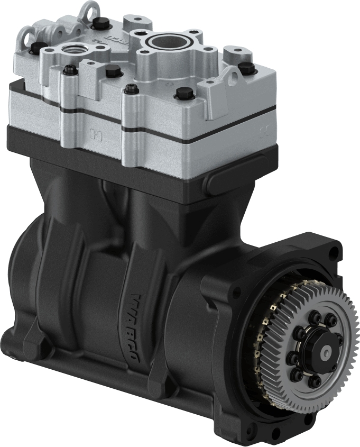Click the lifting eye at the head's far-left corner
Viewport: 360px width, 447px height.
click(x=23, y=35)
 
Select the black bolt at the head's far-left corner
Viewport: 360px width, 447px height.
click(x=35, y=49)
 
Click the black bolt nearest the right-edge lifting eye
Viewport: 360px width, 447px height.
click(x=244, y=68)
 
